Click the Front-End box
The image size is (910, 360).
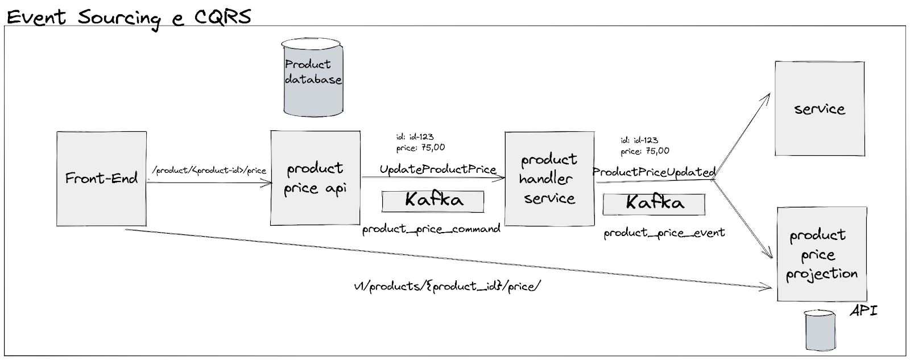[x=101, y=179]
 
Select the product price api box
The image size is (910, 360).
[x=315, y=178]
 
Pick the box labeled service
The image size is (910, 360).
[x=819, y=109]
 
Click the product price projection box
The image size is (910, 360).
[x=822, y=254]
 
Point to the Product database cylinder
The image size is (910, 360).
[x=313, y=77]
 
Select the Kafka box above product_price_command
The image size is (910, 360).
[x=433, y=201]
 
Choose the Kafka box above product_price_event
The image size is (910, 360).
[x=654, y=204]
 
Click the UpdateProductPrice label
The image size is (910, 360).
[x=437, y=169]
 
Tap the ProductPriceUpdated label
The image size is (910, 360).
[x=653, y=172]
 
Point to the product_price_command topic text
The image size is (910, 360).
[x=431, y=229]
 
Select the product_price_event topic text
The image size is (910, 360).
[x=664, y=233]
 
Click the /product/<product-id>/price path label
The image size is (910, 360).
[x=209, y=170]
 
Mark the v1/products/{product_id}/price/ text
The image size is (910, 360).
[x=447, y=286]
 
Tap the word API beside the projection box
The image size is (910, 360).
[x=864, y=311]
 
